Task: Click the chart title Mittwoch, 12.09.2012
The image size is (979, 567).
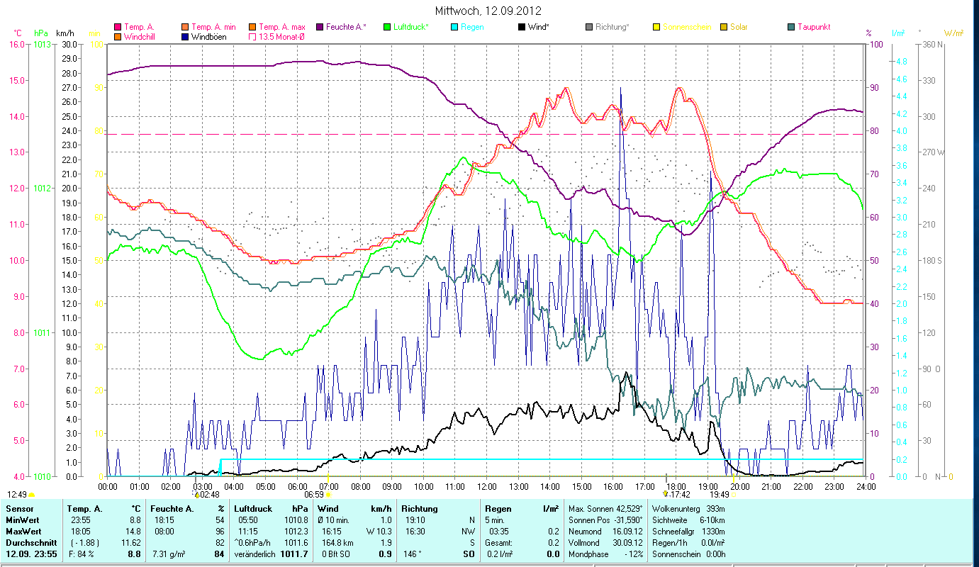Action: [x=489, y=11]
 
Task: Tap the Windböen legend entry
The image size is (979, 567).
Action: [x=208, y=36]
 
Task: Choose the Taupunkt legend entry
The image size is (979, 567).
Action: [x=813, y=27]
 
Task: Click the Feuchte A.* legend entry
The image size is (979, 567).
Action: [x=346, y=27]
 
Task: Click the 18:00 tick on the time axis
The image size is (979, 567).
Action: [x=676, y=487]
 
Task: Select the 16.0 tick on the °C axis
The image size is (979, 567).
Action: [x=16, y=44]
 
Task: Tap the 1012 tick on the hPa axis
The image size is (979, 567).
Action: [x=42, y=189]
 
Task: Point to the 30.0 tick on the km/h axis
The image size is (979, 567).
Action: [x=69, y=44]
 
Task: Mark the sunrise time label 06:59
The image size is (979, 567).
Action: [x=313, y=495]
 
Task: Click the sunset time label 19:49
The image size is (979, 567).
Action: [x=719, y=495]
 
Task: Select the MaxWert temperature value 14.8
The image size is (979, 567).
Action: [x=132, y=531]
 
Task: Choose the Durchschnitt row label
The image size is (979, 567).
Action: [x=28, y=542]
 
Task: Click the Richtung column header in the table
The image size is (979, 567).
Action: [x=420, y=509]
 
